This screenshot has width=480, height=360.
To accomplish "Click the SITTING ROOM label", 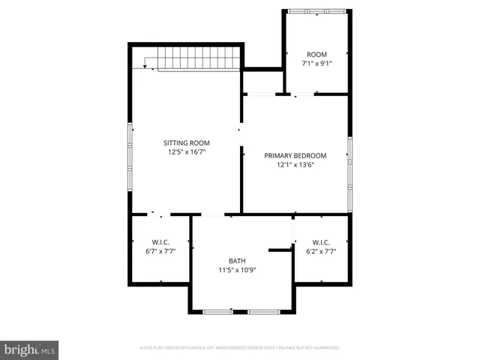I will [187, 142].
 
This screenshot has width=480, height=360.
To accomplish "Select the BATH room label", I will [237, 260].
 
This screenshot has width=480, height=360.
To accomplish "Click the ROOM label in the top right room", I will [316, 54].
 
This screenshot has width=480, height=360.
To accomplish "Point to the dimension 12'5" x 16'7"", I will [187, 151].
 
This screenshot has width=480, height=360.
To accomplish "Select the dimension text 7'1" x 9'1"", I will [316, 64].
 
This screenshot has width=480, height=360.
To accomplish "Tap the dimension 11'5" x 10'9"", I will [237, 269].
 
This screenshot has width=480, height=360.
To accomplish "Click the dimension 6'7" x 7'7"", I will [160, 251].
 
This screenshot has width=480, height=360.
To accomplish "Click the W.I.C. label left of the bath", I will [160, 241].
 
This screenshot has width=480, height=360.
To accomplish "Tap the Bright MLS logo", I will [29, 349].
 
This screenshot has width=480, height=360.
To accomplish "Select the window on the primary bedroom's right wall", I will [349, 174].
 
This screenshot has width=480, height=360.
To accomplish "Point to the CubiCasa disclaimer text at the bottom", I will [240, 348].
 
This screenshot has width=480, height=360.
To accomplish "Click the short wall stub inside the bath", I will [280, 249].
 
